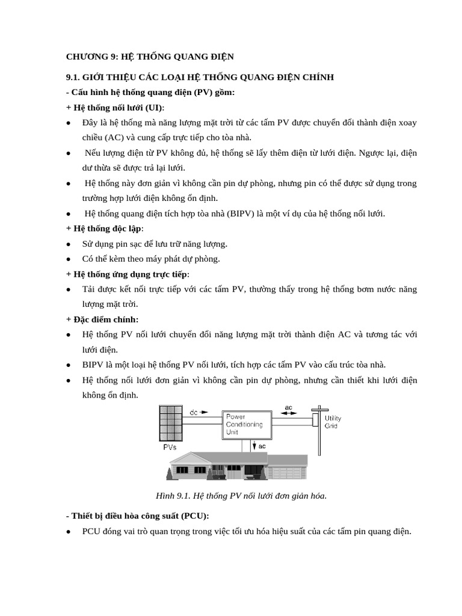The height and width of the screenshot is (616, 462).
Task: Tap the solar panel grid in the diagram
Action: pyautogui.click(x=170, y=423)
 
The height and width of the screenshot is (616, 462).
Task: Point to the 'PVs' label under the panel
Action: pyautogui.click(x=170, y=448)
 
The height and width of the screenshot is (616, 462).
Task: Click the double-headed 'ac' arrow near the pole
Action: pyautogui.click(x=288, y=412)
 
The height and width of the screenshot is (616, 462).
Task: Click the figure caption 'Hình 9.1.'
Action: pyautogui.click(x=172, y=496)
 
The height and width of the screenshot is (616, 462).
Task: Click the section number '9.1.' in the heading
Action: pyautogui.click(x=73, y=78)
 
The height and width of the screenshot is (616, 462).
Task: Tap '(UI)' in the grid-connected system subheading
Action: pyautogui.click(x=154, y=108)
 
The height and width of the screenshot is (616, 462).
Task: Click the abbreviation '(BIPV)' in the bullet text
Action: pyautogui.click(x=242, y=214)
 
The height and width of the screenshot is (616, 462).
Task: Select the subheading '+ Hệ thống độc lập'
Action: pyautogui.click(x=105, y=229)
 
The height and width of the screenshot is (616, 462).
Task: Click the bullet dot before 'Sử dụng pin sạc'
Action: pyautogui.click(x=69, y=244)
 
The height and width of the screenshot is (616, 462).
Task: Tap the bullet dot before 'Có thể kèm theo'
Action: pyautogui.click(x=69, y=259)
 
